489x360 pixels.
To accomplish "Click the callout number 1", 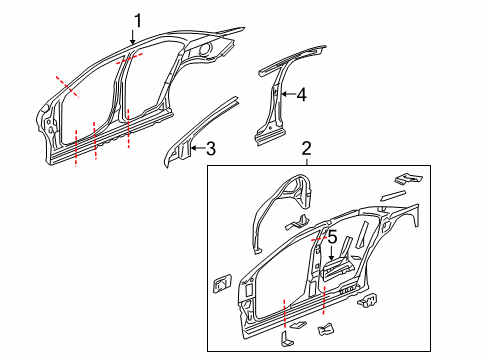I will coord(138,19).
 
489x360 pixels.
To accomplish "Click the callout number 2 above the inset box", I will coord(307,147).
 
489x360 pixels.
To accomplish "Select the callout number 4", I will coord(300,96).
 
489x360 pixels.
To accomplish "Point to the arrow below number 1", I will coord(133,38).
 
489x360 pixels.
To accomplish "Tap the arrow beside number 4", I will coord(284,95).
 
